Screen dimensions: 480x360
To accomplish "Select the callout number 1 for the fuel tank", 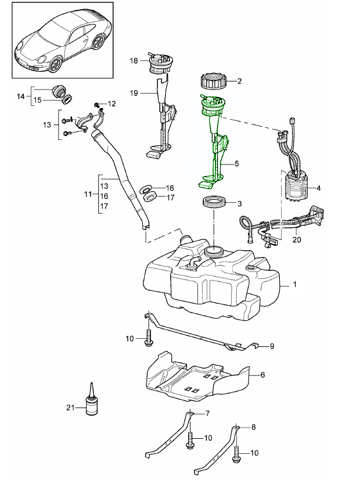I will click(x=295, y=285).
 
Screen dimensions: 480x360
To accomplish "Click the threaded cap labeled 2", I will click(x=211, y=82).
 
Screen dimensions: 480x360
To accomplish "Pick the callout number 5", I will click(x=237, y=164).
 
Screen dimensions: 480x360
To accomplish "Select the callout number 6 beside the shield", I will click(x=262, y=375).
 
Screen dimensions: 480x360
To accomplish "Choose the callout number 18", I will click(x=133, y=60).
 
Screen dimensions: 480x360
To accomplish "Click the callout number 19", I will click(x=133, y=92).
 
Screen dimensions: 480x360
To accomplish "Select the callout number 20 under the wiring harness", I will click(x=297, y=239).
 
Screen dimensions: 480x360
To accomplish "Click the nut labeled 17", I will click(x=150, y=198).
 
